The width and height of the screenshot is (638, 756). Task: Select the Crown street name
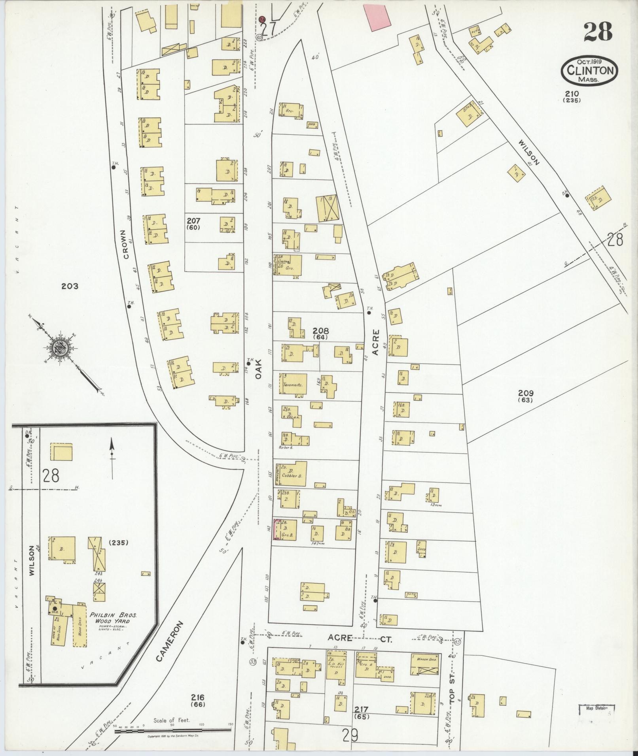[x=126, y=244]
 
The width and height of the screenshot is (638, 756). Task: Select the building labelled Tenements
[x=293, y=384]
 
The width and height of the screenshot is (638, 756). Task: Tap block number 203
[x=70, y=286]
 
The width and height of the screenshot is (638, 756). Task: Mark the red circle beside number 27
[x=262, y=19]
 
